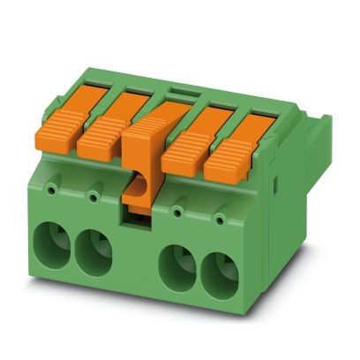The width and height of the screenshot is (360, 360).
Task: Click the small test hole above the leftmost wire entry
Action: (x=55, y=188)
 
